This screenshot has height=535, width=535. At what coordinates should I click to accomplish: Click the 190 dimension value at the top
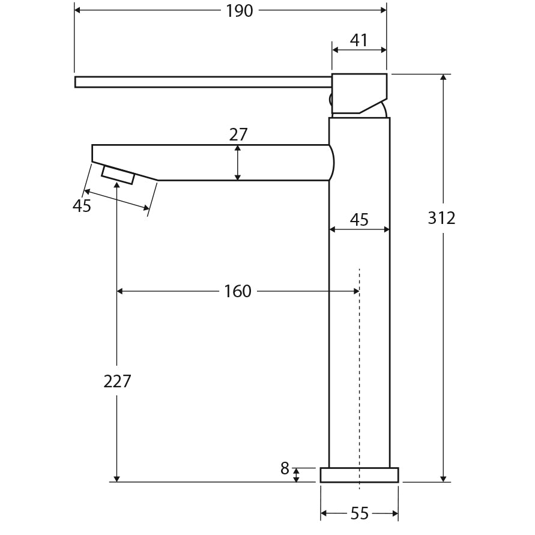[x=239, y=11]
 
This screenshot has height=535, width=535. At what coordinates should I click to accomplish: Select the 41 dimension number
[x=358, y=40]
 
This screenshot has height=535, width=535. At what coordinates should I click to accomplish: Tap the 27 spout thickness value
[x=238, y=135]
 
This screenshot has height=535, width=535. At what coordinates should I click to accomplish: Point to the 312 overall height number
[x=441, y=218]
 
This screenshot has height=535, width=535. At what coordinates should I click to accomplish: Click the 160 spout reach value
[x=238, y=291]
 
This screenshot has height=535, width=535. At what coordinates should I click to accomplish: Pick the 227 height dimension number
[x=117, y=381]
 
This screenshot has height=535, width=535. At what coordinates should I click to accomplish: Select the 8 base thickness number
[x=285, y=468]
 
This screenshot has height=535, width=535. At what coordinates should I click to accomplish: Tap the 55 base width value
[x=359, y=514]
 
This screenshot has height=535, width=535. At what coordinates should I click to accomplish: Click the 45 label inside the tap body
[x=359, y=220]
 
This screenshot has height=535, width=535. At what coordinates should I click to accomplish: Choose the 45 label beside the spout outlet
[x=82, y=206]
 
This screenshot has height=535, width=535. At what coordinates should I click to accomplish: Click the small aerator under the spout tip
[x=118, y=175]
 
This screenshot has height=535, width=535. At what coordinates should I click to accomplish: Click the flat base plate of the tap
[x=359, y=475]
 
